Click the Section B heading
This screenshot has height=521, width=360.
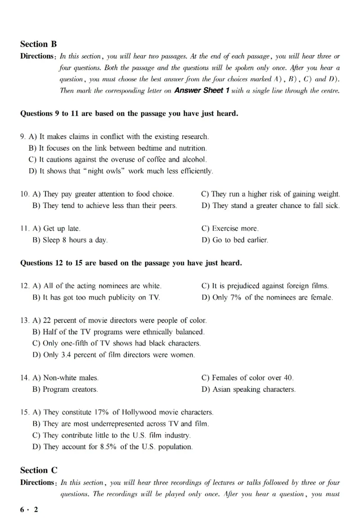click(x=39, y=44)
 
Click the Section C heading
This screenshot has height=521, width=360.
click(x=39, y=471)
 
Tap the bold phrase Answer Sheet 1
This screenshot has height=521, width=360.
click(x=202, y=90)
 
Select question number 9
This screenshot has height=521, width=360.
click(x=22, y=136)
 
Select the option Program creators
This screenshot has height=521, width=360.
click(x=66, y=389)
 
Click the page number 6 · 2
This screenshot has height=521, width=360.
click(x=29, y=509)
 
